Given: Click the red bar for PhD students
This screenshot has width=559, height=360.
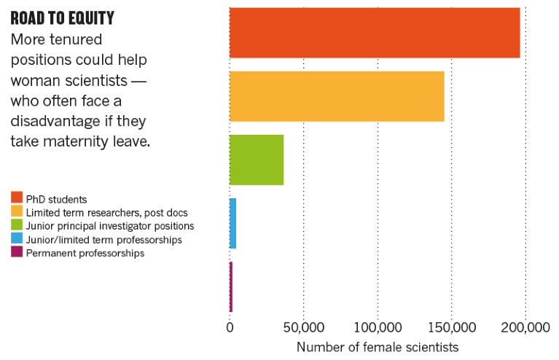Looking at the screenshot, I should coord(375,33).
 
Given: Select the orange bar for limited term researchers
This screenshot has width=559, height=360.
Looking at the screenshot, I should coord(337,96).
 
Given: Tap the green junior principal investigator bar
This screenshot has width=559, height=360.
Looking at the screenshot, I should coord(257,160).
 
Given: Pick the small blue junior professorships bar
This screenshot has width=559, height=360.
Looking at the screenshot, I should coord(232,224).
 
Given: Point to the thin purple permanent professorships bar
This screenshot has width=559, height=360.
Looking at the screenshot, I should coord(231,287).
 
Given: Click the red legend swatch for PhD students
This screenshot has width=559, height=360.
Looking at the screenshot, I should coord(16,198).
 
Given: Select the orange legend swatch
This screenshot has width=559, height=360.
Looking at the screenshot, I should coord(16,212).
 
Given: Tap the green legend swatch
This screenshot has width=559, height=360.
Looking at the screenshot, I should coord(16,226).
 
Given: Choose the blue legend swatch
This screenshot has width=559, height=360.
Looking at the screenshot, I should coord(16,239).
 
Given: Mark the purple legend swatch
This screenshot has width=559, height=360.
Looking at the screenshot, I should coord(16,253).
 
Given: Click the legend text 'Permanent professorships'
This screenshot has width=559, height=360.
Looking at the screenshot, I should coord(85,253).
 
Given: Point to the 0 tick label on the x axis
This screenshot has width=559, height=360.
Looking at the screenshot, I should coord(230,327).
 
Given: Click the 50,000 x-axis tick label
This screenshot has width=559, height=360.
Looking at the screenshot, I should coord(303,327).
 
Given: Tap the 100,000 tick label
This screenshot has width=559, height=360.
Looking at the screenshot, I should coord(378,327).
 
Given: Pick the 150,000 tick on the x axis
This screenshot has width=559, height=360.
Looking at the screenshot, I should coord(452,327).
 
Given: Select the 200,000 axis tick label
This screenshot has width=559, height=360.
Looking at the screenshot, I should coord(525,327).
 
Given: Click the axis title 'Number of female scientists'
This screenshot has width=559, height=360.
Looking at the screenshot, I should coord(378,348).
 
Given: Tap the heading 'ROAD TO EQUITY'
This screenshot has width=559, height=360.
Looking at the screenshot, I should coord(62,17).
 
